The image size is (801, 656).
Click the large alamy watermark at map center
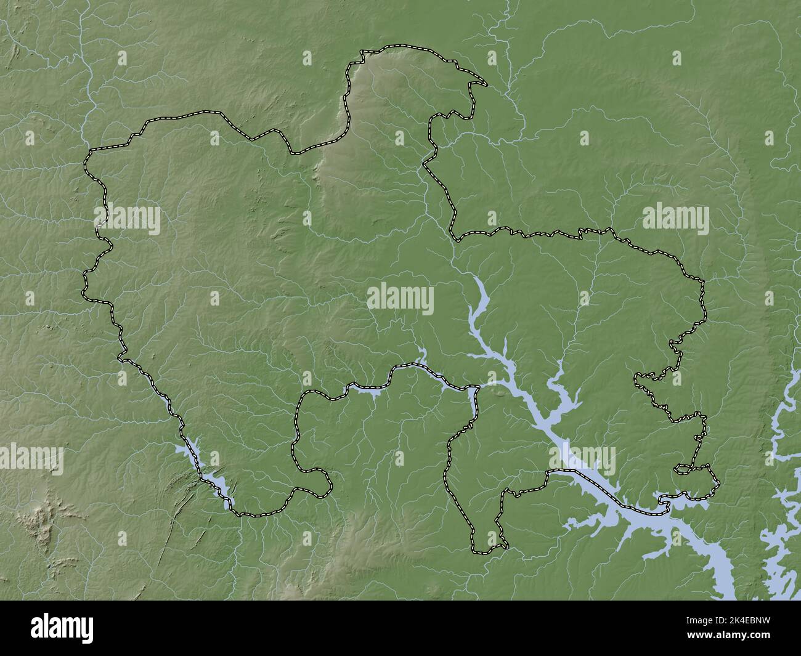tap(400, 300)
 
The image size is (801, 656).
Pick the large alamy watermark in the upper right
tap(675, 220)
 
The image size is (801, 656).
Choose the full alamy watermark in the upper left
tap(127, 220)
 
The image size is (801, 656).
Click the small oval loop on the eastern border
tap(683, 469)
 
